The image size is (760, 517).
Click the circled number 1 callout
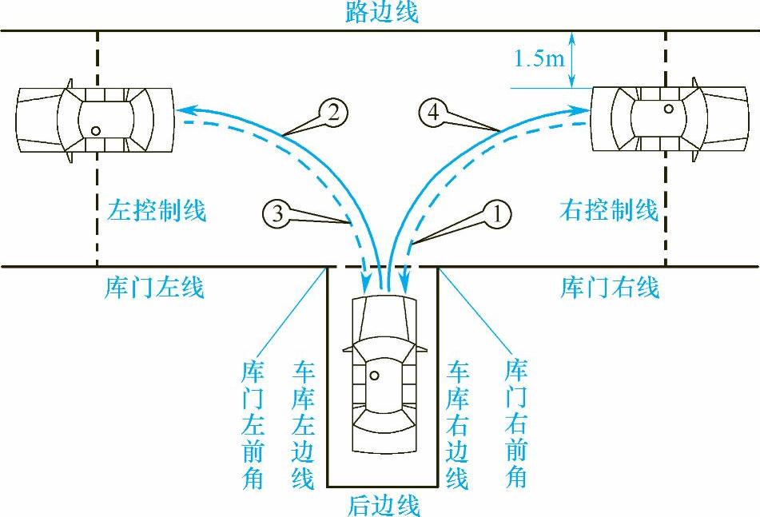click(496, 213)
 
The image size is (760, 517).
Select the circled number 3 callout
click(275, 213)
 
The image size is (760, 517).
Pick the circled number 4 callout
click(432, 113)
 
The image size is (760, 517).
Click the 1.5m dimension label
click(538, 59)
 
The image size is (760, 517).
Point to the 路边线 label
click(381, 13)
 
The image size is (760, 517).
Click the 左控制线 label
click(157, 211)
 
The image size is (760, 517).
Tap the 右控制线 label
click(610, 211)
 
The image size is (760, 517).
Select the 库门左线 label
click(154, 286)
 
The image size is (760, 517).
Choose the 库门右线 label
click(610, 286)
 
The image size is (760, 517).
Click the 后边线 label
click(384, 505)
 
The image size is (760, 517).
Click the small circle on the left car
click(96, 130)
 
